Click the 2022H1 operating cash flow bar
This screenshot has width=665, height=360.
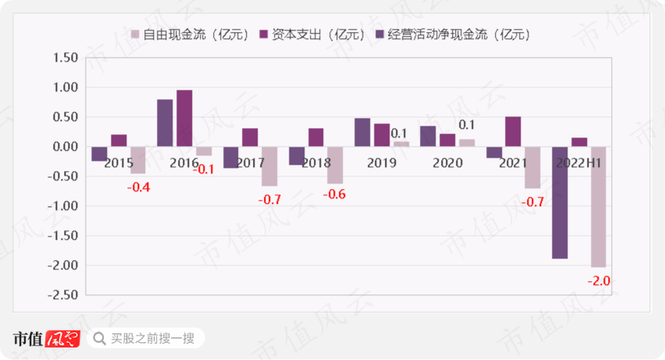(560, 202)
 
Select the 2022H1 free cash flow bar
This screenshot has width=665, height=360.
(598, 207)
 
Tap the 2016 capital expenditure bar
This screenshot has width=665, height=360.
(184, 118)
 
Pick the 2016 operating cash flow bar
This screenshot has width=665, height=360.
(165, 123)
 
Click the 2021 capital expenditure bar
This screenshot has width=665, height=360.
(513, 131)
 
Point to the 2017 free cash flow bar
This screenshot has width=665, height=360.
(269, 166)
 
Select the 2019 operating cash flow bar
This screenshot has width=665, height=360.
(362, 132)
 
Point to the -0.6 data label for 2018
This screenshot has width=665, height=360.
(335, 194)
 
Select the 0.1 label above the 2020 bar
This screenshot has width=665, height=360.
(467, 125)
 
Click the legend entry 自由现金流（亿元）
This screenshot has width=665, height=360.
(190, 34)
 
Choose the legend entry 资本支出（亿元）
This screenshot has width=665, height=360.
(312, 34)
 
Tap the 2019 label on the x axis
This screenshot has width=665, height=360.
(381, 162)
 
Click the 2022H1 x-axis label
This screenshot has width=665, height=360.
(578, 162)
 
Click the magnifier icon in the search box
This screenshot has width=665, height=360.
(99, 338)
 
